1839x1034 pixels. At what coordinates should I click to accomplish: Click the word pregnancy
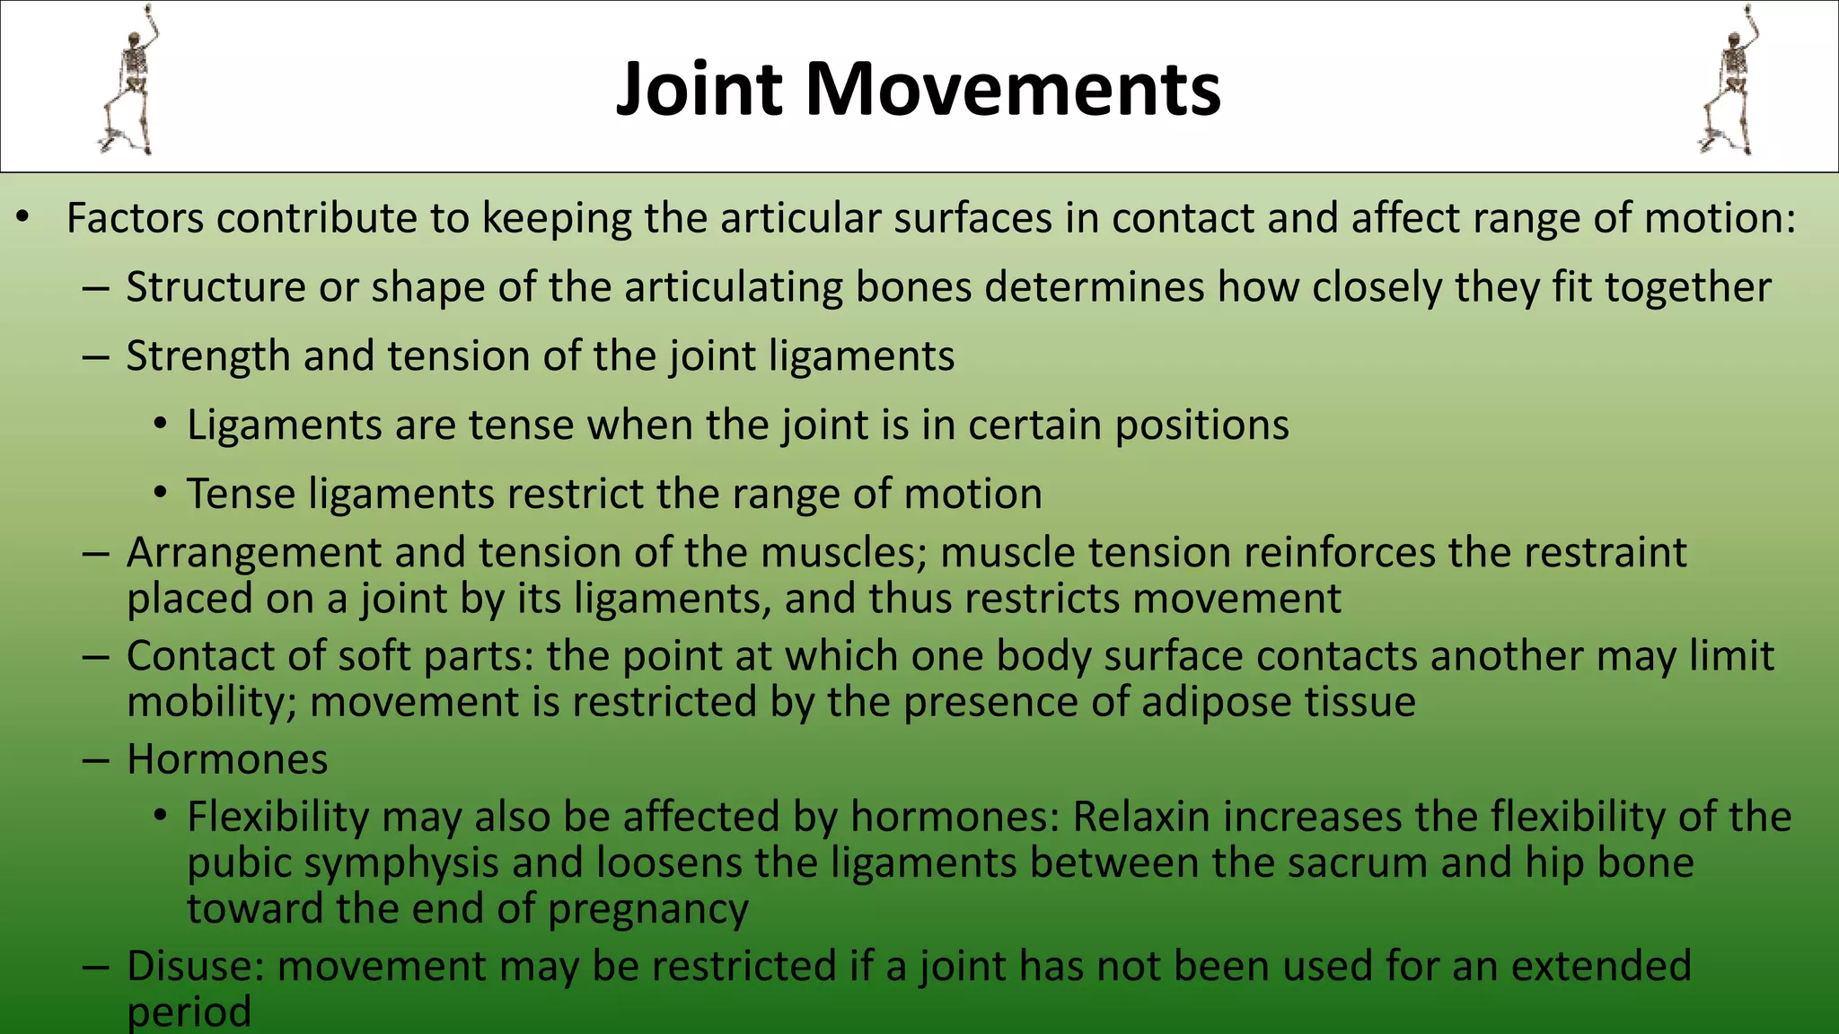coord(647,909)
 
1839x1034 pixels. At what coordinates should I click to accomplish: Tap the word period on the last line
coord(189,1013)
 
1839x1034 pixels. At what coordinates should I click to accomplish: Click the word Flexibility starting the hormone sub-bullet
coord(278,818)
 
